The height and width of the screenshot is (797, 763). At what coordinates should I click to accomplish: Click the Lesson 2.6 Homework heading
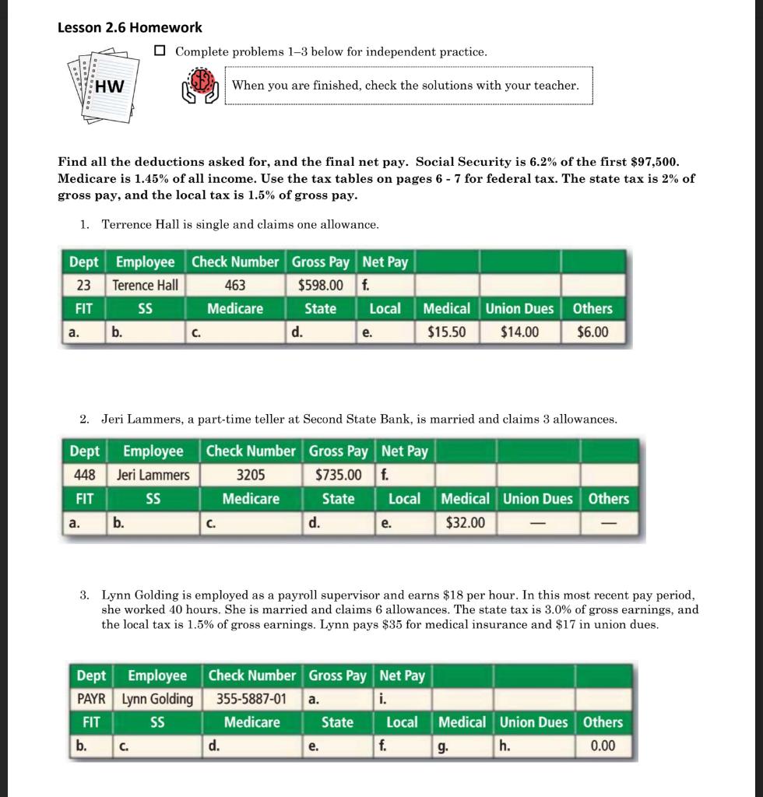click(130, 27)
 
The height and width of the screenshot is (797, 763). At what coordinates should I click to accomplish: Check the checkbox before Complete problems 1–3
click(160, 51)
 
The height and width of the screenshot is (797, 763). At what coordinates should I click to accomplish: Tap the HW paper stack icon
click(100, 86)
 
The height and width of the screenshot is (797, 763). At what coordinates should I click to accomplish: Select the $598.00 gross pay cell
click(321, 285)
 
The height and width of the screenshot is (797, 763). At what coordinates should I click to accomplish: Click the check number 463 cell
click(235, 285)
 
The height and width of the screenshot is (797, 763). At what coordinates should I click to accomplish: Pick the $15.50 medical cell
click(447, 332)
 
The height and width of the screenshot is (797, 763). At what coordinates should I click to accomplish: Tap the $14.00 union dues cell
click(519, 332)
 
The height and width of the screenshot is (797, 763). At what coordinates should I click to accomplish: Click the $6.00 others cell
click(592, 332)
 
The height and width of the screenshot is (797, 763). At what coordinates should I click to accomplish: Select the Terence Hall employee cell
click(146, 285)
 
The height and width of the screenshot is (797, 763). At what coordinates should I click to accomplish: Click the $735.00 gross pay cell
click(338, 475)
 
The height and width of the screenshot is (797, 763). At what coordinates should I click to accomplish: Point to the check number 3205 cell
click(250, 475)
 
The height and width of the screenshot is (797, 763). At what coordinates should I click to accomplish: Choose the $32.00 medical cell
click(465, 522)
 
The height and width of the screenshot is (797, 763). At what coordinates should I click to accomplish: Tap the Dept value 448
click(83, 475)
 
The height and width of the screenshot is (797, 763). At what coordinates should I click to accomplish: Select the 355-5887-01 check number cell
click(251, 699)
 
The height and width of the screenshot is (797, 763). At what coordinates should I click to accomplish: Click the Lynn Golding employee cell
click(160, 699)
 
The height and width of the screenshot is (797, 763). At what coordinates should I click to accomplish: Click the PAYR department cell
click(92, 699)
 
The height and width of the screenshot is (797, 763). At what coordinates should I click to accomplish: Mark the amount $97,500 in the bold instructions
click(652, 162)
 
